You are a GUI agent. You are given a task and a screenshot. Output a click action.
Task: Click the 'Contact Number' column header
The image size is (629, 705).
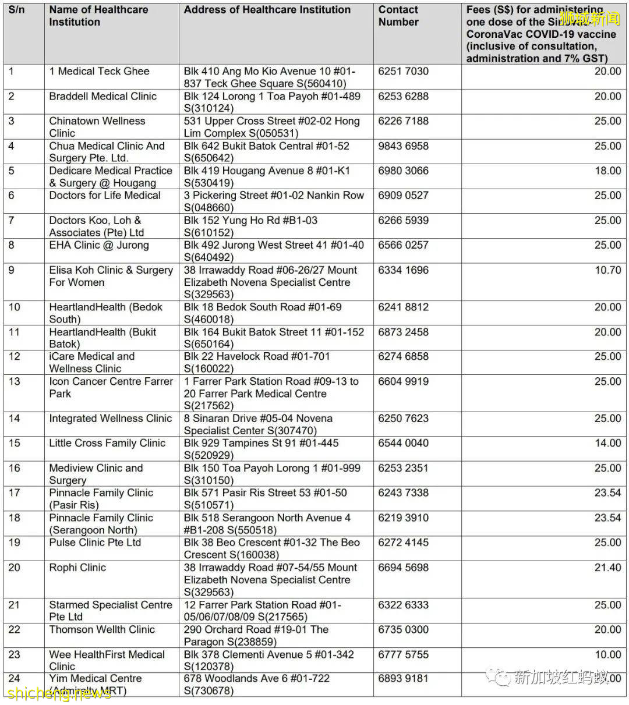coord(398,16)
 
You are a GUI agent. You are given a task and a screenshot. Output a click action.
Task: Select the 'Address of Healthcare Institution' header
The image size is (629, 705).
coord(267,10)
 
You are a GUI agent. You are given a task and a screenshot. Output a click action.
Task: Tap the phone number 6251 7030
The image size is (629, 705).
coord(403,72)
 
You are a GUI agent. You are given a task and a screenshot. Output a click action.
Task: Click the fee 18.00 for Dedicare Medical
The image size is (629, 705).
coord(607,171)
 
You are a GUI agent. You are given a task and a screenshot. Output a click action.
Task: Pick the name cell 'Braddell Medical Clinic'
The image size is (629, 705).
coord(103,97)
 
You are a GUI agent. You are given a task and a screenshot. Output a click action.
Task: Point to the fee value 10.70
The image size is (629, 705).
coord(607,270)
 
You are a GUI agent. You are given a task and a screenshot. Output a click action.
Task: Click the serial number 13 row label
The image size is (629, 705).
coord(15,381)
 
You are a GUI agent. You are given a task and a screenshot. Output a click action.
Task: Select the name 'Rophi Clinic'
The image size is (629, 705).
coord(77,568)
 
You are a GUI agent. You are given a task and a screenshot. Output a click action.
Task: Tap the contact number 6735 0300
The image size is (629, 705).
coord(403,630)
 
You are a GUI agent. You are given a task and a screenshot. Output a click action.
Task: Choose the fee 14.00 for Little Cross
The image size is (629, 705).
coord(607,443)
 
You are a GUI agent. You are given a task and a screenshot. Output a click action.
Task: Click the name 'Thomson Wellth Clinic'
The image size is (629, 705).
coord(102,630)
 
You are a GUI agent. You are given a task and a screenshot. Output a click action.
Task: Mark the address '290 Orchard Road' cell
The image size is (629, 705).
coord(256,636)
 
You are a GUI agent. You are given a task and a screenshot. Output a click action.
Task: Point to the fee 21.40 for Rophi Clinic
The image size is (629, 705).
coord(607,568)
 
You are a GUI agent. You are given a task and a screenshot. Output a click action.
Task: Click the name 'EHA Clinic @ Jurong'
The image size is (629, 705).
coord(99,245)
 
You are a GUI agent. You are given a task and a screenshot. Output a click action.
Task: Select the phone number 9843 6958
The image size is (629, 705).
coord(403,146)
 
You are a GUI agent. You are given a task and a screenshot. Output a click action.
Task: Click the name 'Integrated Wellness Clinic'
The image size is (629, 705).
coord(111,419)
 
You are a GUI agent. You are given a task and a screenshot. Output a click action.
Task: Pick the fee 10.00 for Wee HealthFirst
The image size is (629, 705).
coord(607,654)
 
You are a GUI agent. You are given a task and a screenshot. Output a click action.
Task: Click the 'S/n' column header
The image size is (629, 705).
coord(16,10)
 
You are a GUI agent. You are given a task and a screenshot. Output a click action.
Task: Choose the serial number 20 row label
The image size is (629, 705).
coord(15,568)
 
